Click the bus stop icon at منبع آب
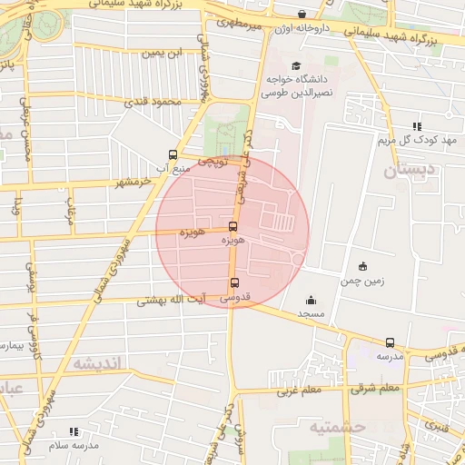point(173,154)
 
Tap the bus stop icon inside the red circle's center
point(232,227)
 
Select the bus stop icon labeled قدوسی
point(235,282)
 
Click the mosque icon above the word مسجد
point(311,301)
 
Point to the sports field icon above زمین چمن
point(363,267)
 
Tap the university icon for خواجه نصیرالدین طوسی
point(295,66)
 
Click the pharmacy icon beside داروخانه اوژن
point(302,14)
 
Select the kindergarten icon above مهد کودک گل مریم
point(417,126)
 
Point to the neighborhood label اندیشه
point(96,363)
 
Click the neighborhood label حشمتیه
point(335,426)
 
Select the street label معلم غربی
point(301,391)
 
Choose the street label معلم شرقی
point(377,389)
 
